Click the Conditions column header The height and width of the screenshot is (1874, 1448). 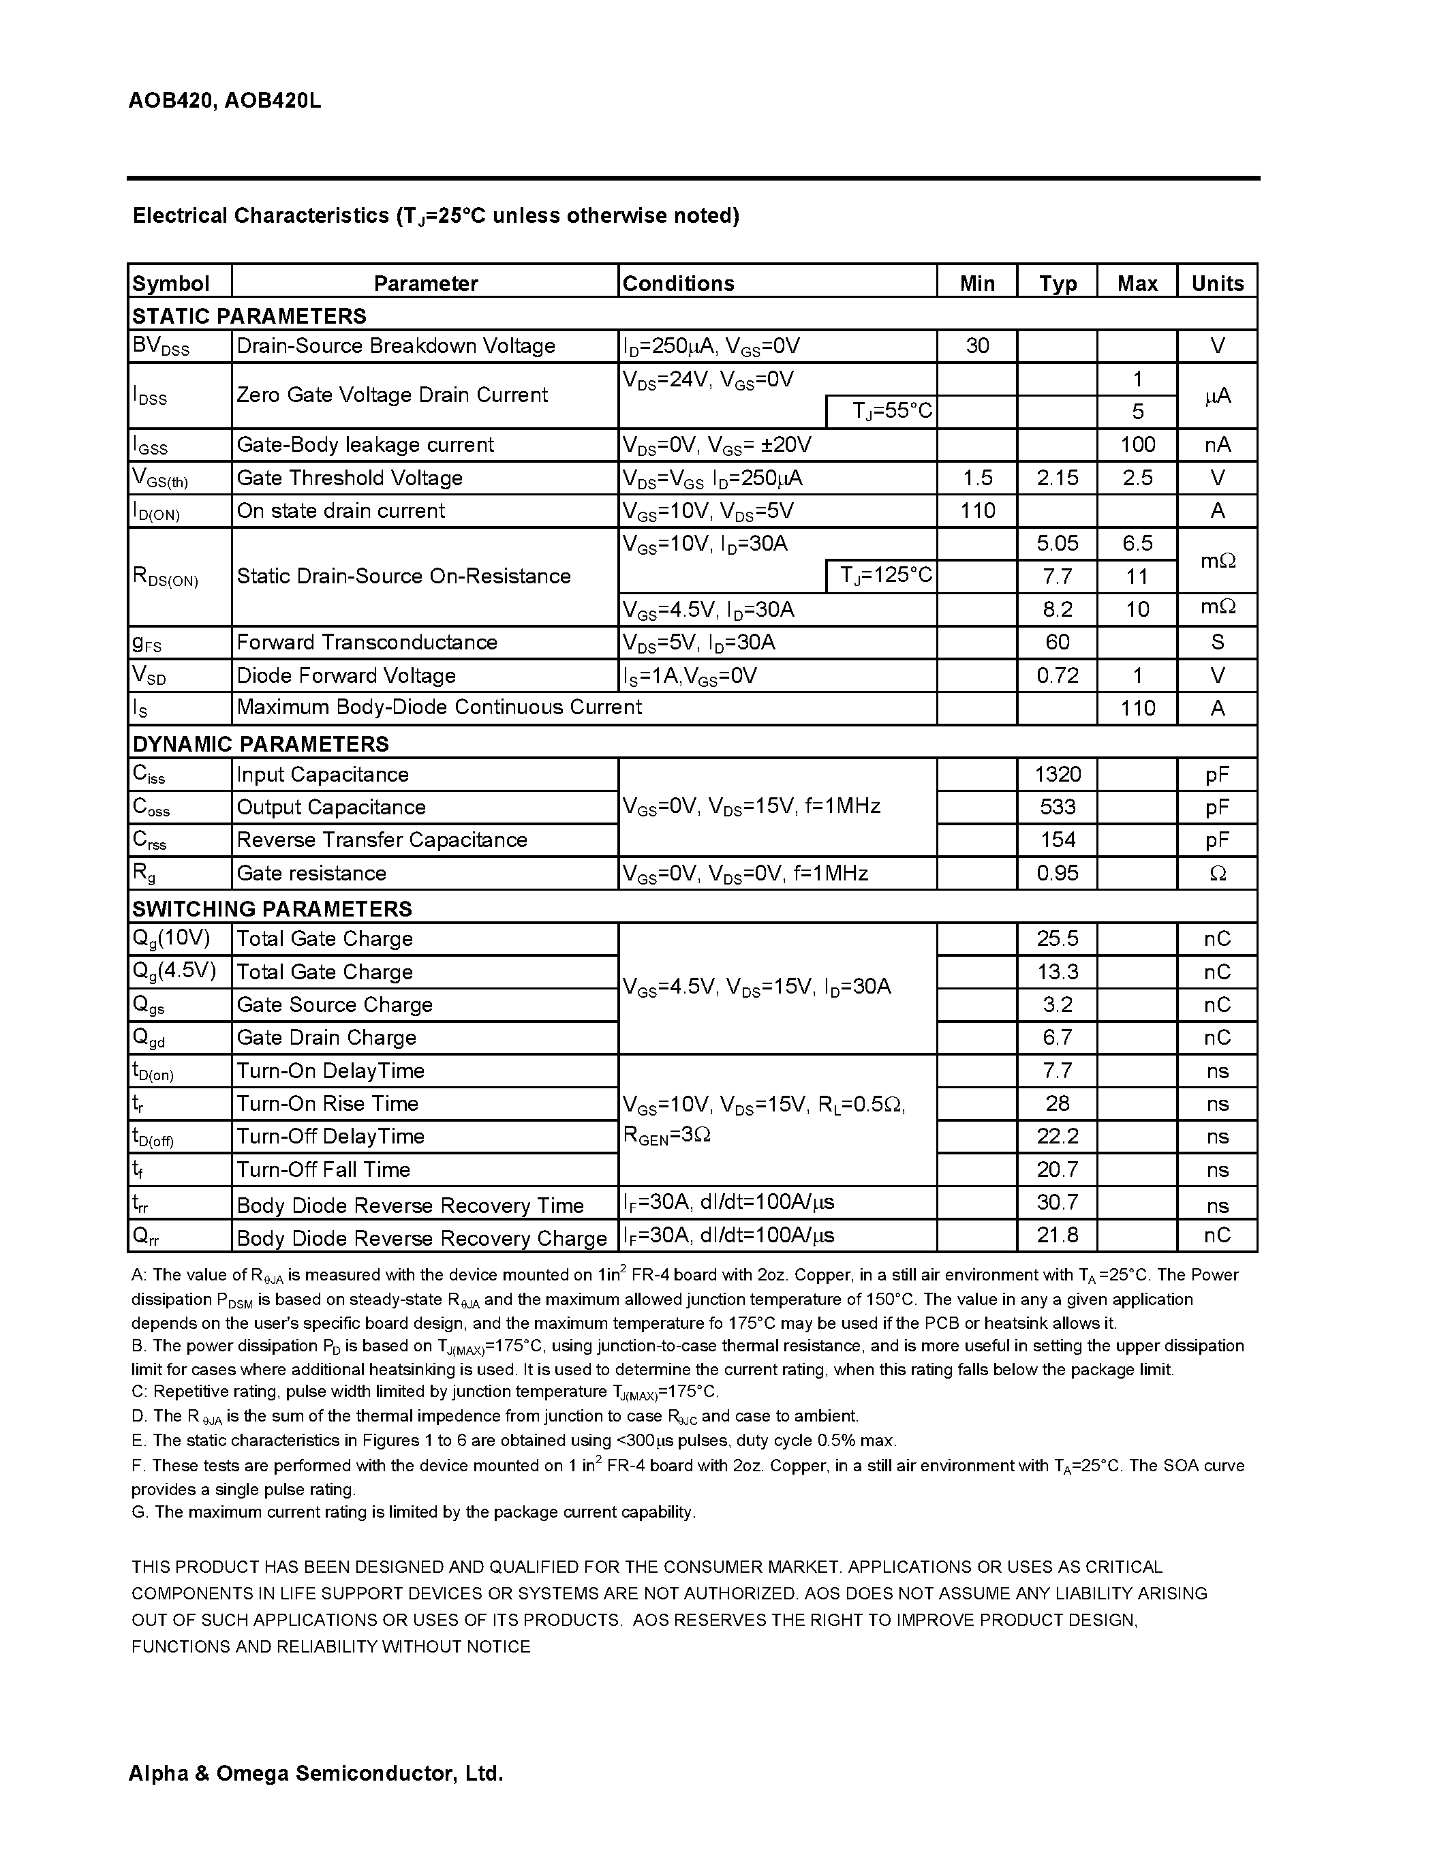pyautogui.click(x=678, y=283)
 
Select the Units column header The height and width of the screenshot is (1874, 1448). pyautogui.click(x=1217, y=283)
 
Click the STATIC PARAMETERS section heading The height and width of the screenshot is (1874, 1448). pyautogui.click(x=249, y=316)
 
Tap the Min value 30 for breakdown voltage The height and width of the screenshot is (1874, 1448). pyautogui.click(x=977, y=345)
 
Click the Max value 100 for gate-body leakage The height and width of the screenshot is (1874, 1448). pyautogui.click(x=1137, y=444)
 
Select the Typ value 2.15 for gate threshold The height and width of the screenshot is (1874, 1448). pyautogui.click(x=1057, y=478)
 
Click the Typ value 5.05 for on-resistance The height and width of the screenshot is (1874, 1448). pyautogui.click(x=1057, y=543)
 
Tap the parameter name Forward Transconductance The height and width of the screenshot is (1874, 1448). pyautogui.click(x=367, y=642)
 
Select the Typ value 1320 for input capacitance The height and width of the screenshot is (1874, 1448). pyautogui.click(x=1057, y=774)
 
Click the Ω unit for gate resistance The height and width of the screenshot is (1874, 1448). pyautogui.click(x=1217, y=874)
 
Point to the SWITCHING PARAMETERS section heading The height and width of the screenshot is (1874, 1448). pyautogui.click(x=272, y=908)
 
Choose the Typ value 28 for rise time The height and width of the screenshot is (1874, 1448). pyautogui.click(x=1057, y=1103)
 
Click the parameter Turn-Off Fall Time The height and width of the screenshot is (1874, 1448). pyautogui.click(x=324, y=1169)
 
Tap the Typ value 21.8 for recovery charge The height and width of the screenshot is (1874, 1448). pyautogui.click(x=1057, y=1235)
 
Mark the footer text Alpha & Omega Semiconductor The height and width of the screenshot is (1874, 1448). pyautogui.click(x=315, y=1772)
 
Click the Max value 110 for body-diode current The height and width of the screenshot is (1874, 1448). pyautogui.click(x=1137, y=708)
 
